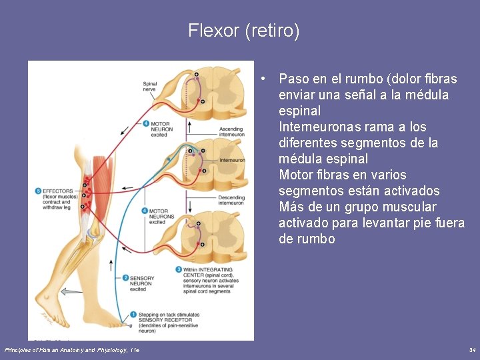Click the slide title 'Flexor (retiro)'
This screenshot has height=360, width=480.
click(243, 31)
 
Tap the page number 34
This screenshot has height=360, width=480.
click(472, 350)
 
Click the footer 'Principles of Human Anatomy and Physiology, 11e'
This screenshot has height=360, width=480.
click(72, 350)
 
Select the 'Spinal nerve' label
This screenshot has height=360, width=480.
click(149, 85)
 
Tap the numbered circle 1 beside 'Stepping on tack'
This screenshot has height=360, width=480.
click(133, 314)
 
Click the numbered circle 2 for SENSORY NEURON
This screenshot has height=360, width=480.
click(125, 278)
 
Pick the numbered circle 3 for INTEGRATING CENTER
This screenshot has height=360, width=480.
click(179, 269)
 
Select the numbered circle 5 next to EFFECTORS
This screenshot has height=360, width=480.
click(39, 191)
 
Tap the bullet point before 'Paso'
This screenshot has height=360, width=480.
click(265, 79)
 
